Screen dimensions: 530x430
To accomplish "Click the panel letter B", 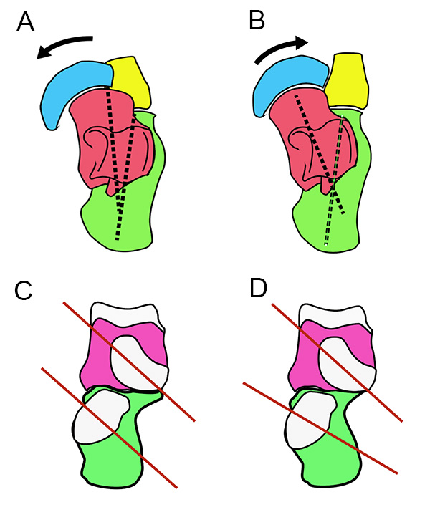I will coord(257,21).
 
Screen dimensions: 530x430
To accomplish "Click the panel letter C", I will coord(24,291).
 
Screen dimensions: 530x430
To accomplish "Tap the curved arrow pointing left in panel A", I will coord(65,44).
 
